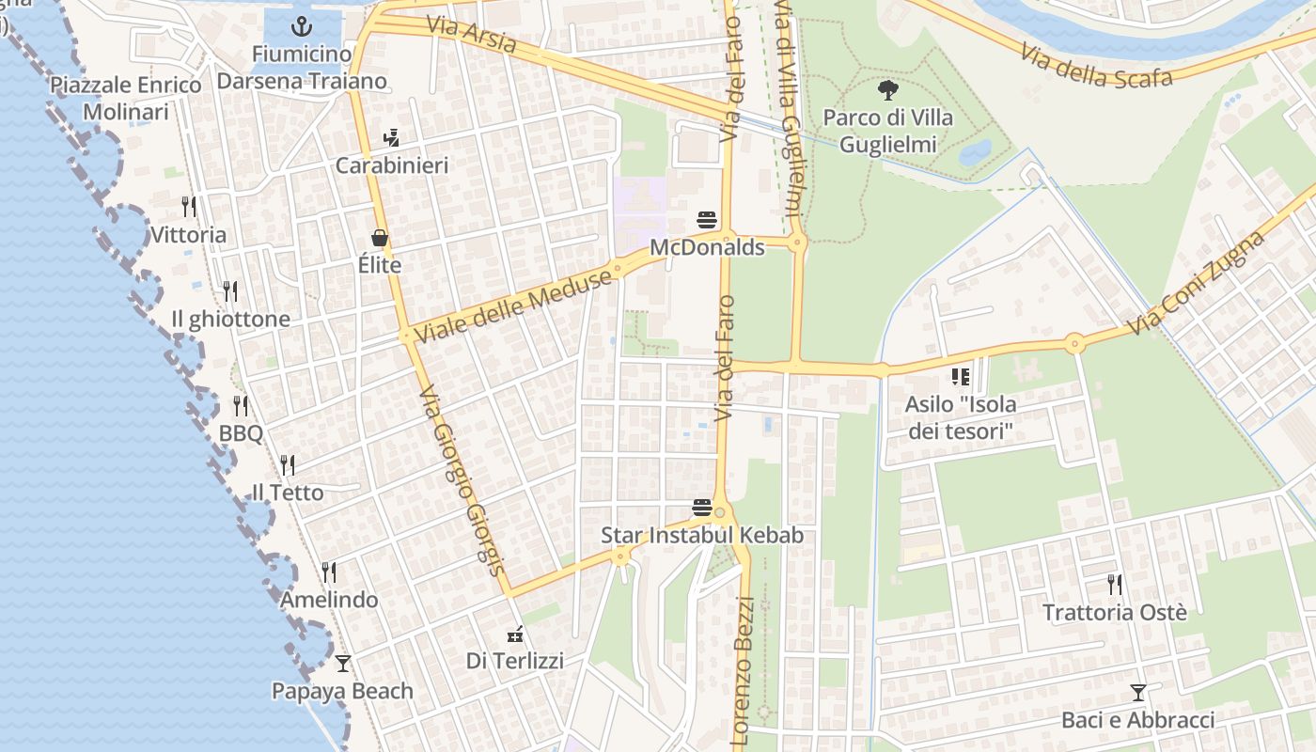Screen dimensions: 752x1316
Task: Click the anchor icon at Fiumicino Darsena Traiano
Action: [303, 26]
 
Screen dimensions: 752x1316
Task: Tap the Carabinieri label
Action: [392, 165]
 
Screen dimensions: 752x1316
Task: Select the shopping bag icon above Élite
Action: [380, 238]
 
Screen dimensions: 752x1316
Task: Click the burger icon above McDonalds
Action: [707, 220]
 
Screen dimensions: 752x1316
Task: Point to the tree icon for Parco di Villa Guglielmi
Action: [886, 90]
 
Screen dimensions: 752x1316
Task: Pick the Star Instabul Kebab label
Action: [702, 536]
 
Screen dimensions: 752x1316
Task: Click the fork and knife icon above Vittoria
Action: [189, 206]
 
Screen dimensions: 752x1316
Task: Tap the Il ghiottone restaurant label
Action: [230, 320]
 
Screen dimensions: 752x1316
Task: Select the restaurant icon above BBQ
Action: [241, 405]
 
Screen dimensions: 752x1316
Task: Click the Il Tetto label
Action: [288, 493]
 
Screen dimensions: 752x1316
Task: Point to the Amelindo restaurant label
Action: [329, 600]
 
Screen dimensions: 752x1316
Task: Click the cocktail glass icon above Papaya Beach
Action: [342, 663]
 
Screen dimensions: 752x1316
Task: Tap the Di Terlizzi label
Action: [515, 661]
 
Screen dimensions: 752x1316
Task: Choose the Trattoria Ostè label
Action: [1114, 613]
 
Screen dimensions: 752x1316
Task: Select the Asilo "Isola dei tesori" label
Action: [960, 418]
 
